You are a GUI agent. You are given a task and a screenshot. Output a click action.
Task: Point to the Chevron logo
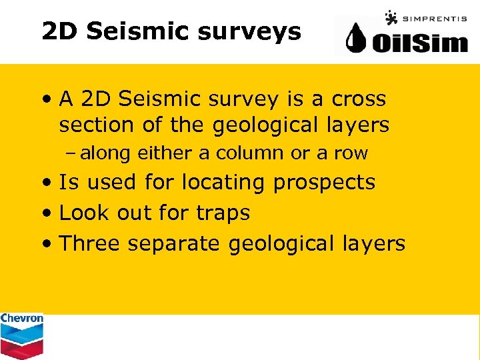[21, 335]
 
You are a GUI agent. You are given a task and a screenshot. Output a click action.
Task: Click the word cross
[359, 99]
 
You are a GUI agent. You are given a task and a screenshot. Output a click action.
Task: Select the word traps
[223, 213]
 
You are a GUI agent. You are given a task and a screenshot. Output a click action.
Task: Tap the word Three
[90, 243]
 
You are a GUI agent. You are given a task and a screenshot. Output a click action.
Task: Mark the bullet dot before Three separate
[47, 244]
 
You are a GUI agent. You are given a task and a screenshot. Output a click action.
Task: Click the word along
[105, 153]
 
